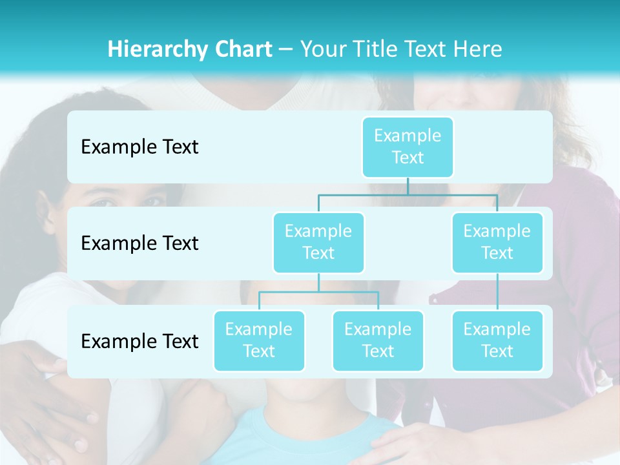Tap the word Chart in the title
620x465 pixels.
tap(240, 49)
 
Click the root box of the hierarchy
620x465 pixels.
tap(408, 147)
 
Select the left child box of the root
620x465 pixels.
tap(318, 242)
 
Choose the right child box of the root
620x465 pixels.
tap(497, 242)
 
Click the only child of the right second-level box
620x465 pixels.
tap(497, 340)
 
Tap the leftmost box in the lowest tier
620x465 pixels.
tap(259, 340)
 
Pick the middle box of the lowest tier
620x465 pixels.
tap(378, 340)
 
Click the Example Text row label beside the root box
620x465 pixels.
tap(139, 147)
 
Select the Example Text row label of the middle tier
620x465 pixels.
tap(139, 243)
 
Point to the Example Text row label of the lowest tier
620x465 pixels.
tap(139, 342)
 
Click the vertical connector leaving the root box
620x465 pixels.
tap(408, 186)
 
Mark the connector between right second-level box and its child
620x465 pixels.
tap(497, 292)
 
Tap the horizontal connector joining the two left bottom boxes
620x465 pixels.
tap(318, 292)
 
